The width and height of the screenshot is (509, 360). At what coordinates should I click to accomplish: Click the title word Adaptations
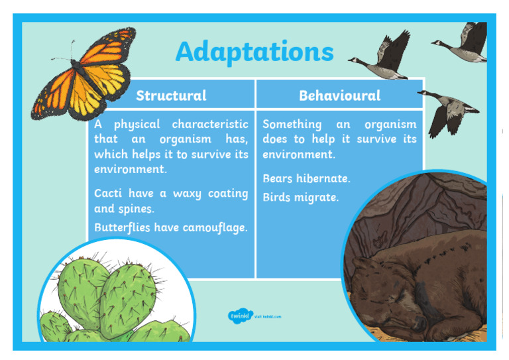coord(254,52)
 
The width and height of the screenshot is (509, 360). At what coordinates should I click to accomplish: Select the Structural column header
coord(171,95)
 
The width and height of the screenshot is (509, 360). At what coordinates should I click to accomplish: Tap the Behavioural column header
coord(339,95)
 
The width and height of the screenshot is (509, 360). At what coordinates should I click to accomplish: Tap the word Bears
coord(277,178)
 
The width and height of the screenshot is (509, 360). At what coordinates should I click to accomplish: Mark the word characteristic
coord(210,124)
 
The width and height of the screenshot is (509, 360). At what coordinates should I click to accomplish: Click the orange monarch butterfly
coord(85,70)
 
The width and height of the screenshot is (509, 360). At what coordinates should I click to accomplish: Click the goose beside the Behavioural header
coord(447,109)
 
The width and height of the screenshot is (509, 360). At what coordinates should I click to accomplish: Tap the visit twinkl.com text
coord(268,316)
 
